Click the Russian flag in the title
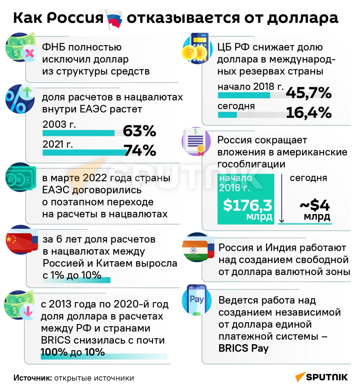[114, 19]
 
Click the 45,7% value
[308, 93]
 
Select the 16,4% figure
[308, 113]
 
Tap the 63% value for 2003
[139, 131]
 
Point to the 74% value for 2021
[140, 151]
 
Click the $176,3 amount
[247, 205]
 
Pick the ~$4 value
[315, 205]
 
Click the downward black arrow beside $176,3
[282, 199]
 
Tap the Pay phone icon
[196, 300]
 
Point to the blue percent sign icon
[19, 99]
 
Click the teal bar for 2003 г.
[78, 133]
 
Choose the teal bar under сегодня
[227, 115]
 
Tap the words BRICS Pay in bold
[243, 348]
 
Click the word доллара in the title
[302, 18]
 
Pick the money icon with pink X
[20, 48]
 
